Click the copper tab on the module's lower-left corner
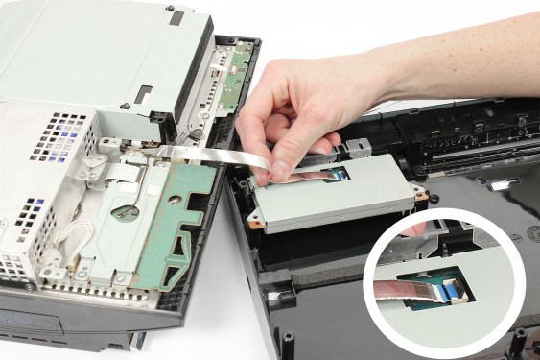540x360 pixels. pos(254,220)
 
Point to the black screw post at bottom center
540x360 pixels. pos(287,344)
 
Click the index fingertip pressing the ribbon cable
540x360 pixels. pos(281,170)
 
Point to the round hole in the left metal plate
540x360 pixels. pos(126,212)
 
